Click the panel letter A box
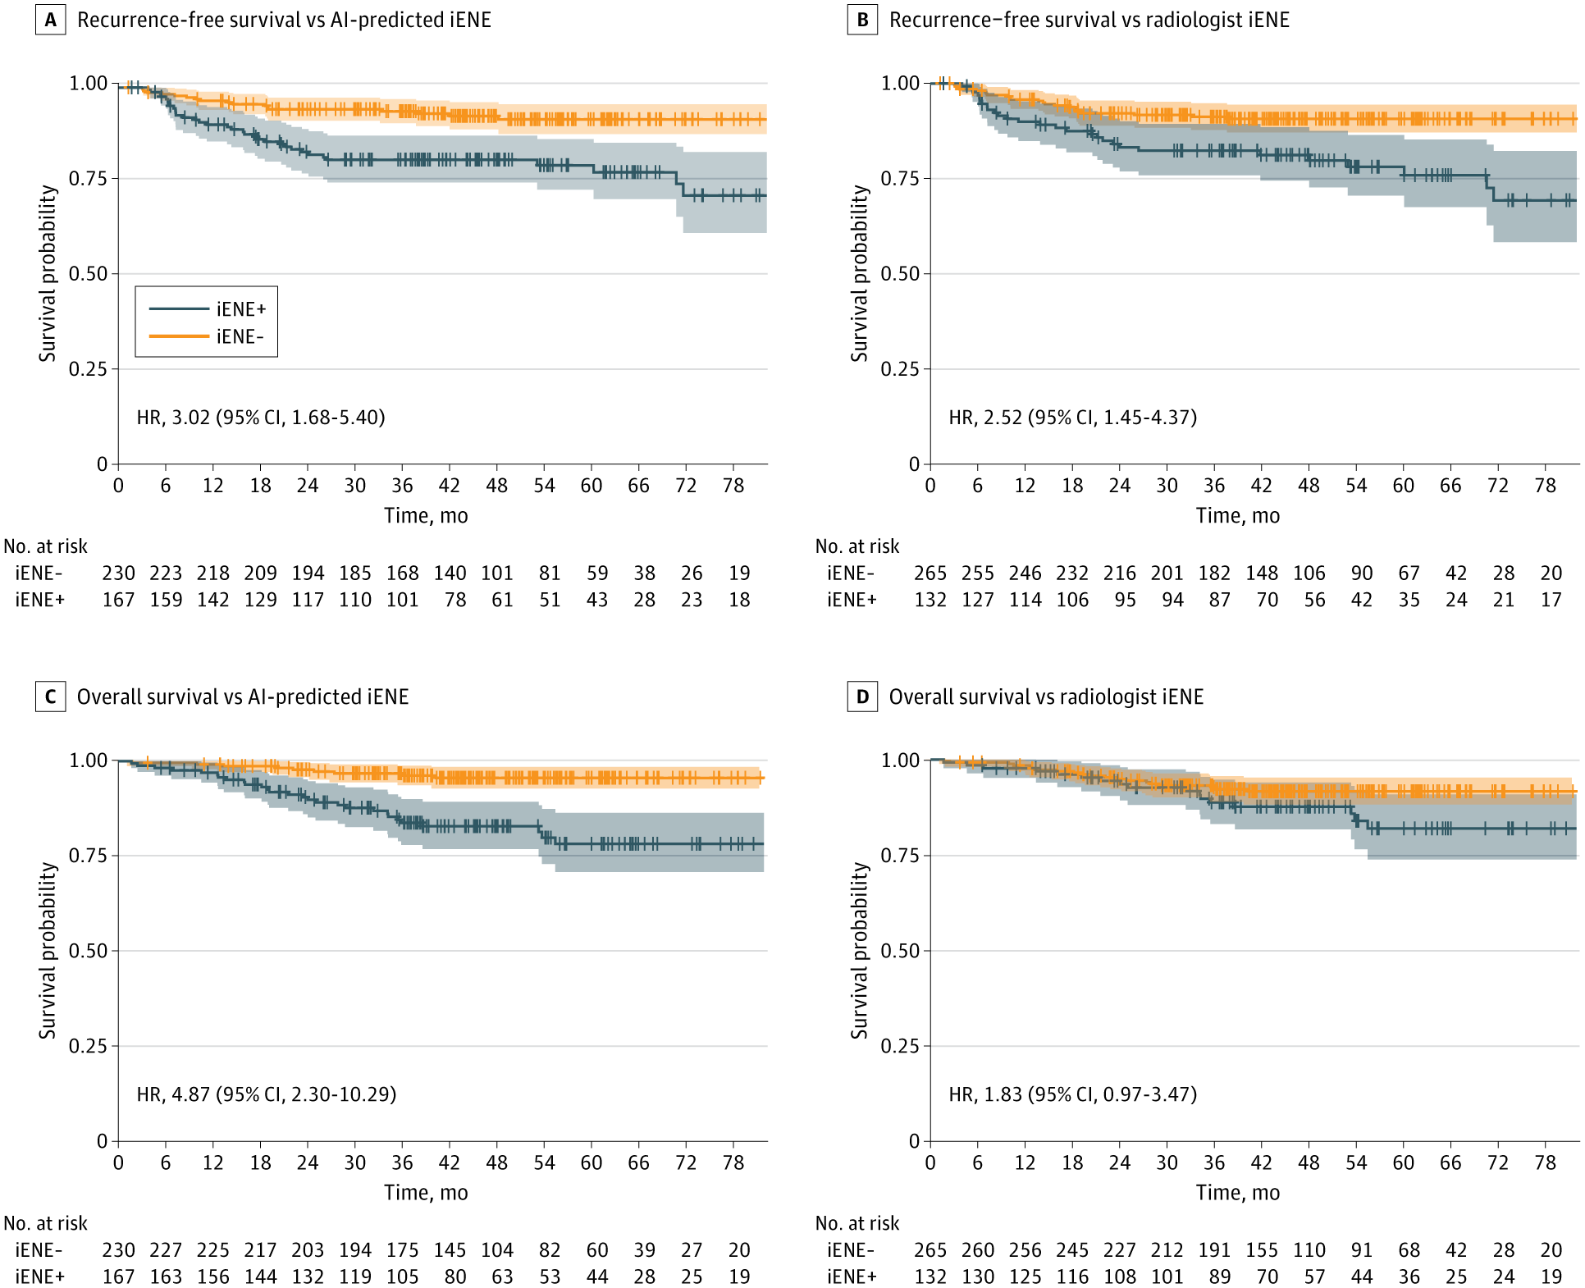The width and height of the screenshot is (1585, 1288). (50, 20)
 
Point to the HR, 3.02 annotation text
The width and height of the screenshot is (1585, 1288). (261, 418)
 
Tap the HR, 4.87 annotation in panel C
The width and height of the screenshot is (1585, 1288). (267, 1094)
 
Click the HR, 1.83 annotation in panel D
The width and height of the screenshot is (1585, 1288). (1072, 1094)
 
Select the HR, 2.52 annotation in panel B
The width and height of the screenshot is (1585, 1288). (1072, 418)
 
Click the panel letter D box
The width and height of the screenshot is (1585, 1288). (862, 697)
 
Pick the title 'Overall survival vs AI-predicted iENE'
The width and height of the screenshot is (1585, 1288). (243, 697)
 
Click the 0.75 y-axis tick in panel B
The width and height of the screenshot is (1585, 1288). (900, 179)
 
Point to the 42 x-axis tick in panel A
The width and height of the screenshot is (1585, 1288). (450, 486)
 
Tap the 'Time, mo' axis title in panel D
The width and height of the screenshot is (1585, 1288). (1237, 1192)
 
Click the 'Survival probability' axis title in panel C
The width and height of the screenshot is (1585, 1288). (48, 950)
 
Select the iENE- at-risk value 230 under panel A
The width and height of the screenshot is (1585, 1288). (118, 573)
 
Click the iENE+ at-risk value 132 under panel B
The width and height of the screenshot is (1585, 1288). (930, 600)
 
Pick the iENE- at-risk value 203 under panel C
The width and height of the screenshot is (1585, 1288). (308, 1249)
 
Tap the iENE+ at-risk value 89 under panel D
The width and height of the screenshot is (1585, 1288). (1219, 1277)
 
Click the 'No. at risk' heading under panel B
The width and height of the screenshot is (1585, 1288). (857, 546)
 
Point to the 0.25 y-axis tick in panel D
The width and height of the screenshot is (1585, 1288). (900, 1046)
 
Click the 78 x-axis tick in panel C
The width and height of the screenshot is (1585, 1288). (733, 1162)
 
